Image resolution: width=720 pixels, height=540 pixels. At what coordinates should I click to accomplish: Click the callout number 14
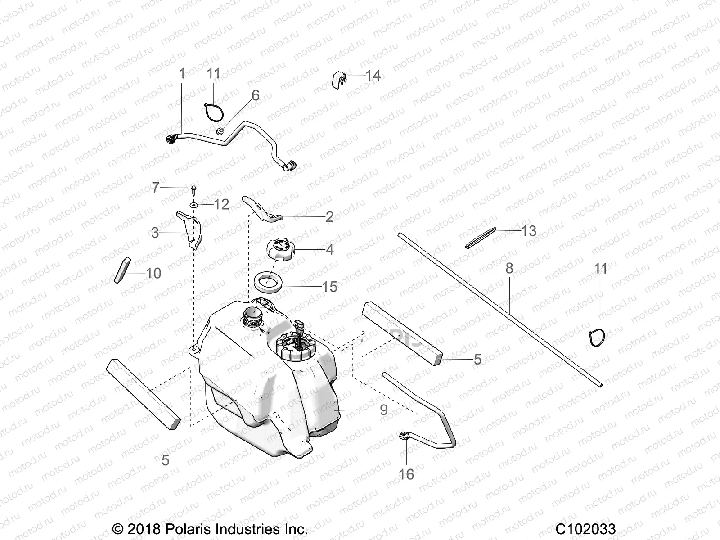pyautogui.click(x=373, y=75)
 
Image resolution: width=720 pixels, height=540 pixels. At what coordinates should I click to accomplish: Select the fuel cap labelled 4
pyautogui.click(x=281, y=249)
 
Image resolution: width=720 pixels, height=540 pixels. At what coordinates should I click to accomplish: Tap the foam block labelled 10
pyautogui.click(x=123, y=270)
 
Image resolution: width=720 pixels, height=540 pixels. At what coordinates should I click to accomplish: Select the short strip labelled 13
pyautogui.click(x=481, y=237)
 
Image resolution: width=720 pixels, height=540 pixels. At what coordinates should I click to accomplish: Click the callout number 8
pyautogui.click(x=509, y=269)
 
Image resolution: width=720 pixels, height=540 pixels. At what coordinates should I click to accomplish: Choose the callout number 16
pyautogui.click(x=406, y=474)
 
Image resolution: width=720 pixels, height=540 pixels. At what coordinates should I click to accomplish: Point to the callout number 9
pyautogui.click(x=383, y=409)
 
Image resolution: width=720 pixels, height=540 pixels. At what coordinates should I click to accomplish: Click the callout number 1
pyautogui.click(x=182, y=74)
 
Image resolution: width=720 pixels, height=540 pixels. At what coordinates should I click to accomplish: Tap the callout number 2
pyautogui.click(x=329, y=217)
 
